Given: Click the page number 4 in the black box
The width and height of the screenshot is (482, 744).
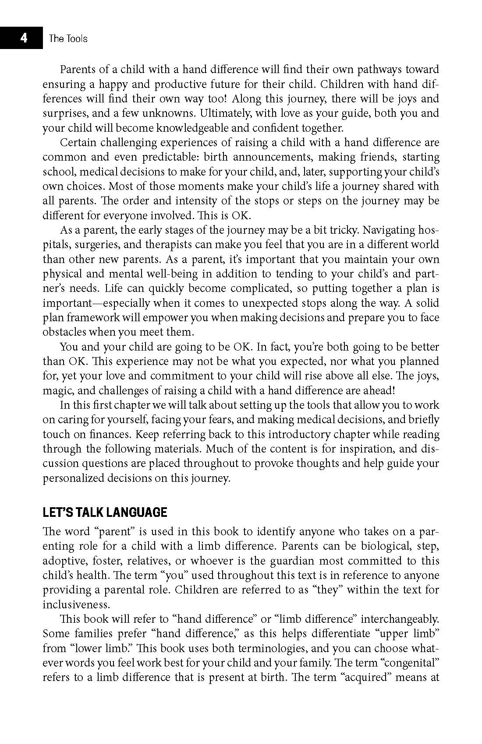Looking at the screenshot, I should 23,38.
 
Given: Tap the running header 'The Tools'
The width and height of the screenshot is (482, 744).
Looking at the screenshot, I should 68,39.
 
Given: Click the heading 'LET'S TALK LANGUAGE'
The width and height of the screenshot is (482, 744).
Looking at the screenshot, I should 105,512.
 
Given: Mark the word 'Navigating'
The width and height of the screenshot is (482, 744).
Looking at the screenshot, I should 390,230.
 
